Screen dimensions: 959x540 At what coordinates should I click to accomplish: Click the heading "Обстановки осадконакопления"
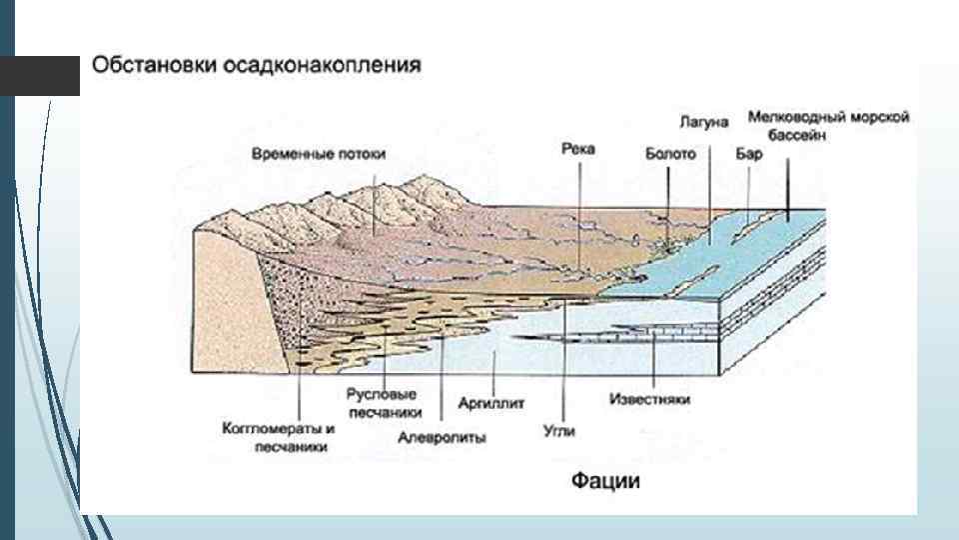tap(257, 65)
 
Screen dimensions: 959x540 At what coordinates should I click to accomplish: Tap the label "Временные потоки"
tap(319, 154)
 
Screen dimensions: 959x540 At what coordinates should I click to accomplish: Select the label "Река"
tap(578, 149)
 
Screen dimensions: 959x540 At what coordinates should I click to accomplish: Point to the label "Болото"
tap(670, 155)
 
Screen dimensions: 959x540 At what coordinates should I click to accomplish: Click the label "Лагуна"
tap(705, 121)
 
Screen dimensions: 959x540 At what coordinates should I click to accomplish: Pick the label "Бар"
tap(748, 155)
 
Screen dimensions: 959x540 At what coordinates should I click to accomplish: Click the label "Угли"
tap(559, 430)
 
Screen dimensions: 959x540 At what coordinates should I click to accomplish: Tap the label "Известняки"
tap(649, 400)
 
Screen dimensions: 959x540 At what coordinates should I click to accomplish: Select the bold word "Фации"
tap(605, 481)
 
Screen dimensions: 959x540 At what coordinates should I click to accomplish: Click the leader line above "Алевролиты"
tap(441, 370)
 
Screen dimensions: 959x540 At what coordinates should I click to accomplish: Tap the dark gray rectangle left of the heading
tap(39, 76)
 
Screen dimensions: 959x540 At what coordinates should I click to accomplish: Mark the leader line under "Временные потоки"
tap(374, 200)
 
